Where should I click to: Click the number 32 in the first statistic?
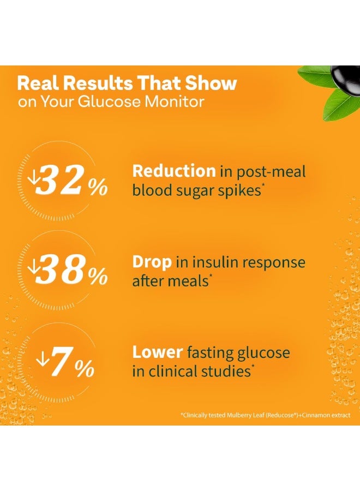pyautogui.click(x=61, y=179)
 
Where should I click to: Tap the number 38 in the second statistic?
pyautogui.click(x=61, y=269)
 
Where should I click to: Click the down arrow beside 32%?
pyautogui.click(x=32, y=178)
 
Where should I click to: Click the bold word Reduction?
pyautogui.click(x=174, y=171)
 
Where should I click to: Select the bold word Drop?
pyautogui.click(x=152, y=262)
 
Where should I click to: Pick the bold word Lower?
pyautogui.click(x=158, y=352)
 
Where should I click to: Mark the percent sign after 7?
pyautogui.click(x=85, y=368)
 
